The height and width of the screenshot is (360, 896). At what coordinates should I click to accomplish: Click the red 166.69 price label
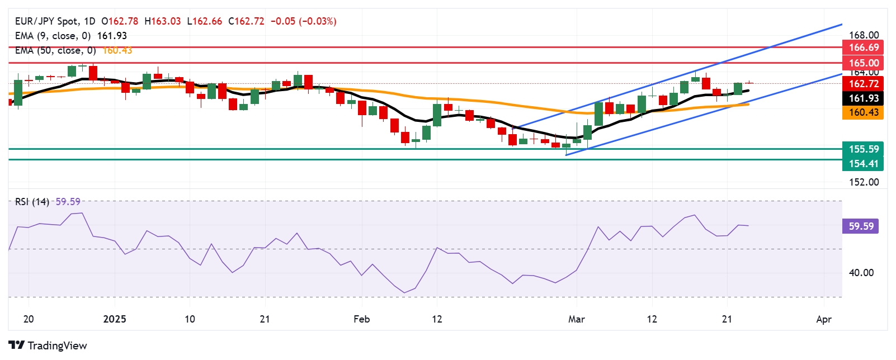click(x=864, y=48)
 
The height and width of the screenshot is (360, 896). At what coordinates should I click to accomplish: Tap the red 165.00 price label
click(x=864, y=63)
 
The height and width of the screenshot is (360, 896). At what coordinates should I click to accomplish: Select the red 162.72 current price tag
click(x=864, y=84)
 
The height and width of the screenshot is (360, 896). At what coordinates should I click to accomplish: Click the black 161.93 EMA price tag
click(x=864, y=98)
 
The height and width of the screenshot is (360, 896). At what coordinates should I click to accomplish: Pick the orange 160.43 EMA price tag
click(x=864, y=112)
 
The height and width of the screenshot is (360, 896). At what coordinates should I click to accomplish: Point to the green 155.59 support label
click(x=864, y=149)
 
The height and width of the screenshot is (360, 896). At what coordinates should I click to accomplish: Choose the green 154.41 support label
click(x=864, y=164)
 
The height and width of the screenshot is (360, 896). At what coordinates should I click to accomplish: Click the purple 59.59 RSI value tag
click(x=861, y=226)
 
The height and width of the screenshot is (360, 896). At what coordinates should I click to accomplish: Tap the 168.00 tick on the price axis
click(x=864, y=35)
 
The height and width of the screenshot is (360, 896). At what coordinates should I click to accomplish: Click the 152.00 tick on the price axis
click(x=864, y=182)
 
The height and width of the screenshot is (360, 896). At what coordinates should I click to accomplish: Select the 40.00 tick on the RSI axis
click(x=861, y=273)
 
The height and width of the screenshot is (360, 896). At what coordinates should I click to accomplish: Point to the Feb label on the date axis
click(x=362, y=319)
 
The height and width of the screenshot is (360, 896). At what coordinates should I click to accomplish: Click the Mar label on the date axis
click(x=576, y=319)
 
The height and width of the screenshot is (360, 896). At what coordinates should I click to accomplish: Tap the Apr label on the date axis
click(x=824, y=319)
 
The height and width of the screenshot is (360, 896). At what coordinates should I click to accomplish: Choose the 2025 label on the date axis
click(x=115, y=319)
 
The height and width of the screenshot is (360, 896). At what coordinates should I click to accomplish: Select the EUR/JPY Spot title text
click(x=46, y=21)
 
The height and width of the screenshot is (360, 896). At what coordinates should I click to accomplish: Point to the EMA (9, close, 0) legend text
click(x=53, y=36)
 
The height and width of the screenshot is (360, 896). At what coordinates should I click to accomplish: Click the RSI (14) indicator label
click(x=32, y=202)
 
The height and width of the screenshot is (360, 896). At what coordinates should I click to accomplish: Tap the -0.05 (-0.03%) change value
click(x=303, y=21)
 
